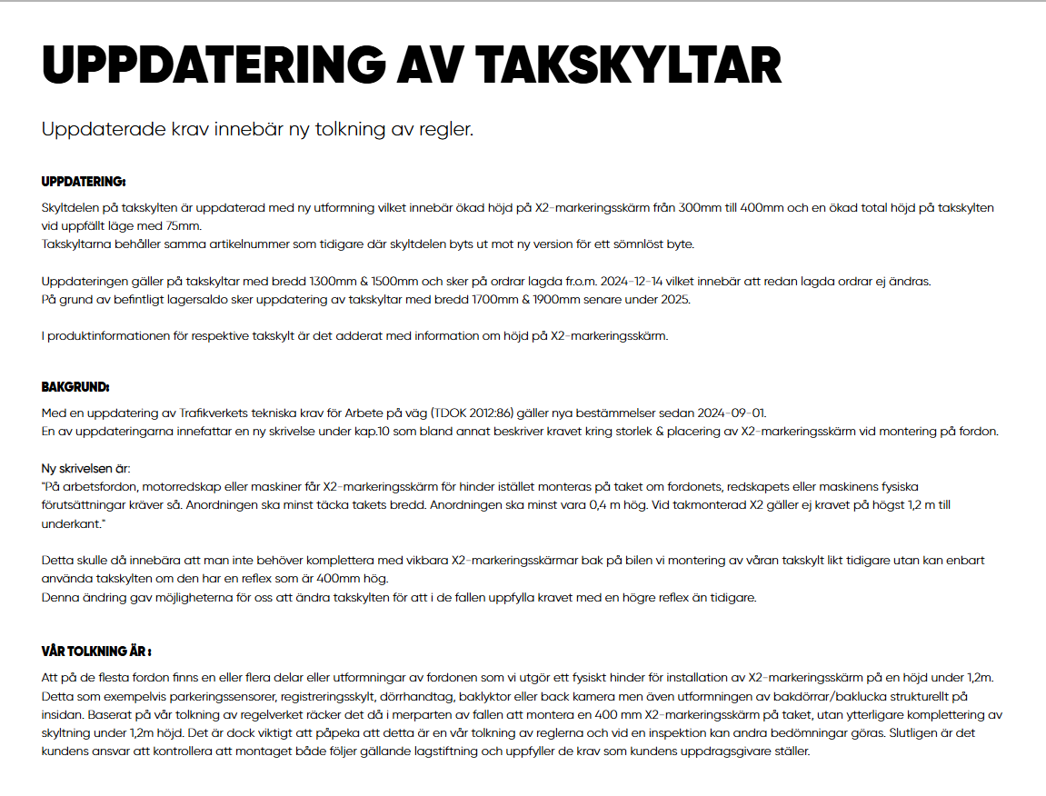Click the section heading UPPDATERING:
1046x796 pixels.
[84, 181]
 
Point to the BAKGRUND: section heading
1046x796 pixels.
[75, 387]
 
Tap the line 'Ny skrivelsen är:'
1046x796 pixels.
[86, 469]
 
